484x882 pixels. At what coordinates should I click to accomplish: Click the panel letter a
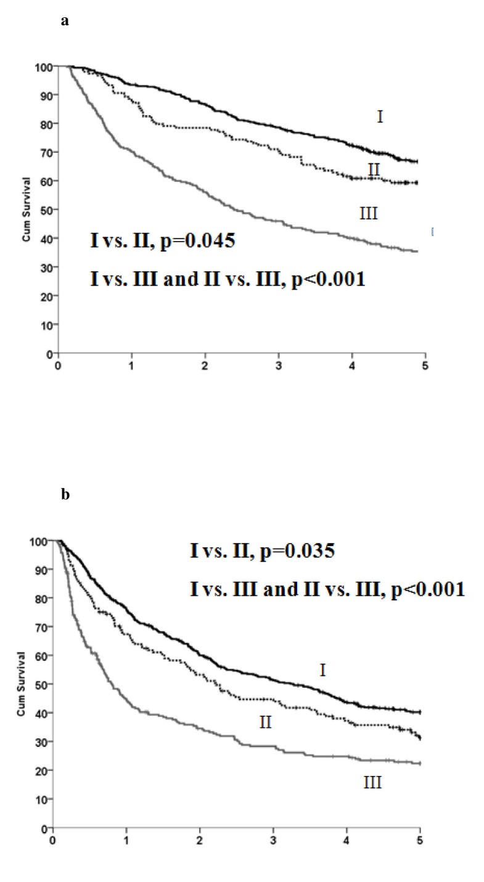(x=64, y=22)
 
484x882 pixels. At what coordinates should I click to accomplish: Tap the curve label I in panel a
(x=380, y=116)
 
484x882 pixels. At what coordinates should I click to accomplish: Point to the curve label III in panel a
(x=368, y=213)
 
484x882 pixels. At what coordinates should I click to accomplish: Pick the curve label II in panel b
(x=266, y=722)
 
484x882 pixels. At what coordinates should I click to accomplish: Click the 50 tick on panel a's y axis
(x=46, y=210)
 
